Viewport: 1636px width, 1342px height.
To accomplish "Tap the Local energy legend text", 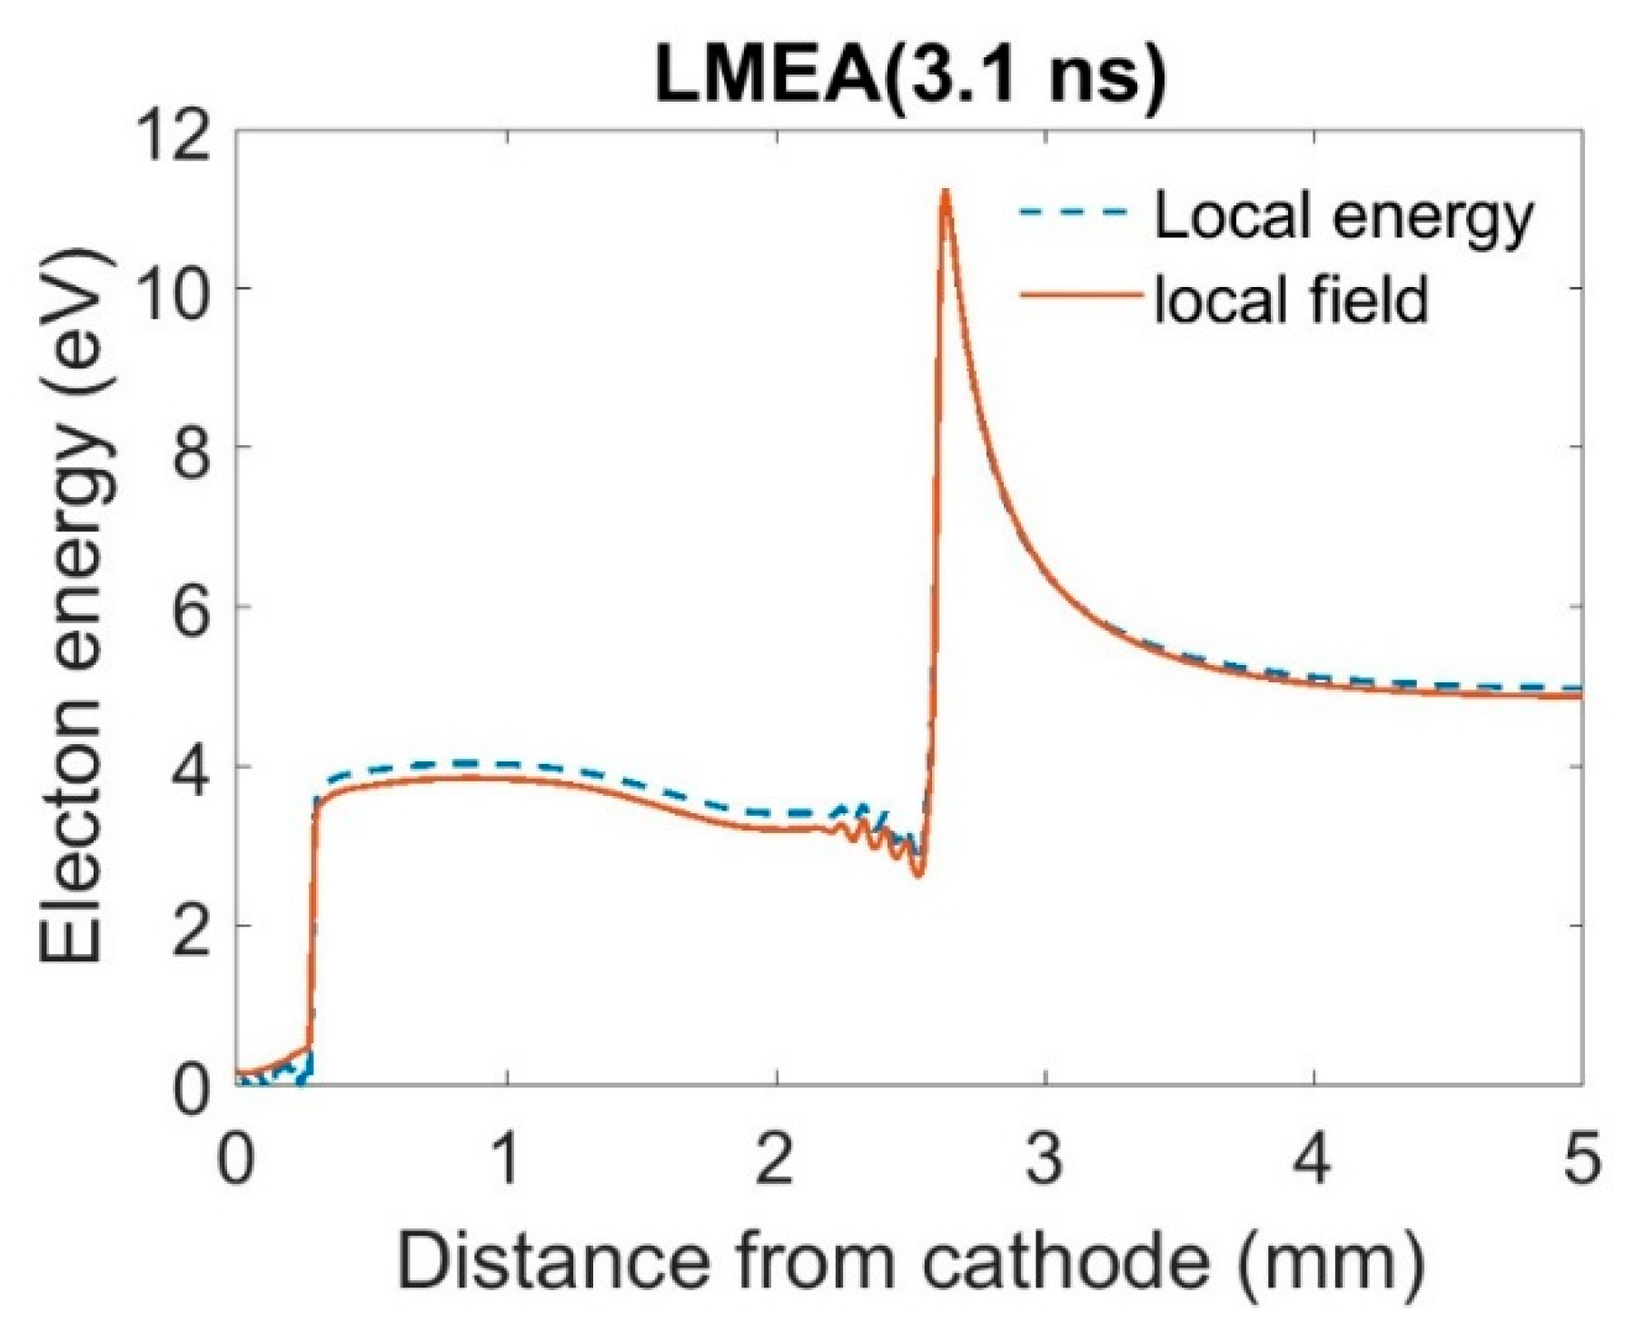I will tap(1343, 217).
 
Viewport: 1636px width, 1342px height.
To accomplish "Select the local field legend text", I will tap(1291, 299).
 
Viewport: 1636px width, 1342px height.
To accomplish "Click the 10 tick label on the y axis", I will tap(173, 292).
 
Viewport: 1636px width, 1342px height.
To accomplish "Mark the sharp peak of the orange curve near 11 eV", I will tap(946, 192).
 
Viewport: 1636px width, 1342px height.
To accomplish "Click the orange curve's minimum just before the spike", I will tap(918, 875).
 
